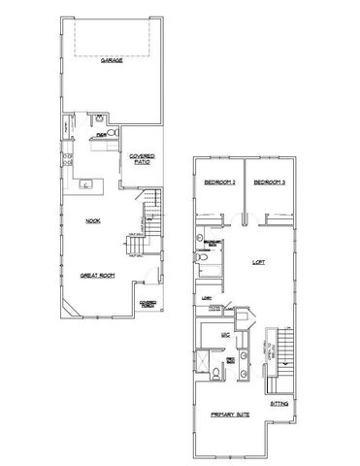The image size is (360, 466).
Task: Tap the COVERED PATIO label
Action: (139, 158)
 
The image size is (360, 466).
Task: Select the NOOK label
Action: (93, 221)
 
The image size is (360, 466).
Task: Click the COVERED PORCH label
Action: (147, 304)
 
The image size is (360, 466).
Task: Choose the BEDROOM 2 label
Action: (220, 183)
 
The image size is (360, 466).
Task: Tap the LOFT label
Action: (259, 261)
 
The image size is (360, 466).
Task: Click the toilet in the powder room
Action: (111, 130)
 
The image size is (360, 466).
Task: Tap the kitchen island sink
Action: (86, 183)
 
